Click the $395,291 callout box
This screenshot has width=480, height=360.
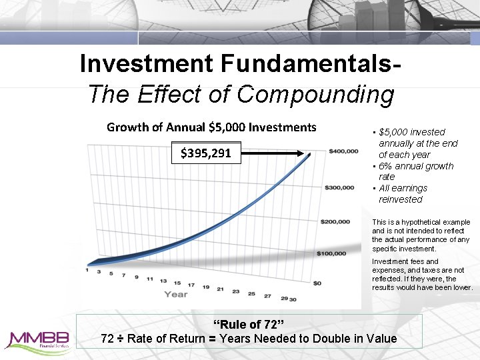206,153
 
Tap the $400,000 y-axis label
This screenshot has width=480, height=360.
344,152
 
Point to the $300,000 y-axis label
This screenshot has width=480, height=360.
340,187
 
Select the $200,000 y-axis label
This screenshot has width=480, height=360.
336,221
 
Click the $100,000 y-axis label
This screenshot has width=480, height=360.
331,253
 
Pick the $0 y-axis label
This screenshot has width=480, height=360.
318,283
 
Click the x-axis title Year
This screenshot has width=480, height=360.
176,294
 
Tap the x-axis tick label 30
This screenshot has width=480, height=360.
293,299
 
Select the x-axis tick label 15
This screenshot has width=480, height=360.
177,283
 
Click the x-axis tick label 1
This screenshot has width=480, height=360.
87,269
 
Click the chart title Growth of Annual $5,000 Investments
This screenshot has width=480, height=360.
211,127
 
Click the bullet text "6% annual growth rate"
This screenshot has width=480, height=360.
415,171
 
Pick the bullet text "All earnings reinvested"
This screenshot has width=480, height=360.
403,194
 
